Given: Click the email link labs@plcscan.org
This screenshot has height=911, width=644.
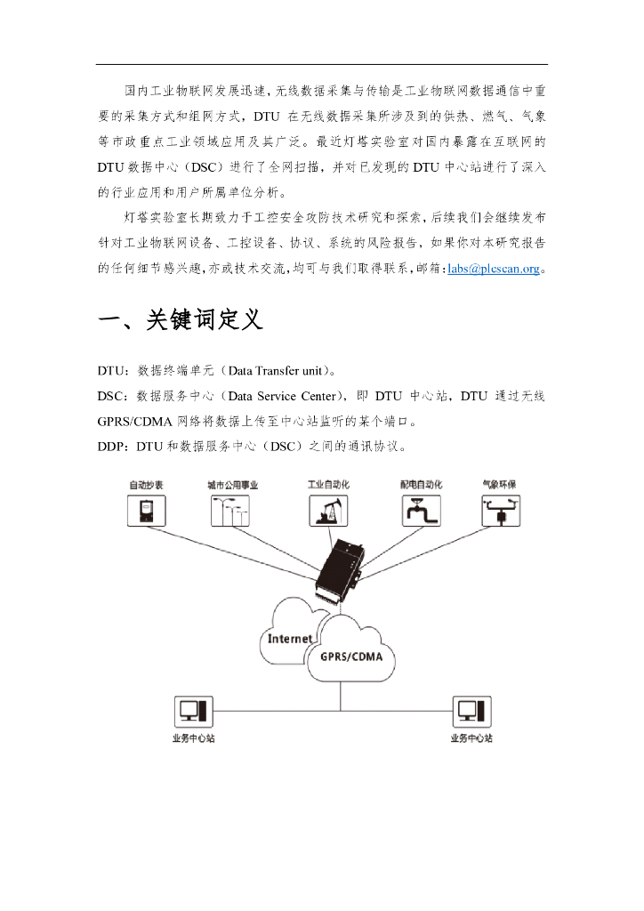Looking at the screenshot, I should (x=493, y=268).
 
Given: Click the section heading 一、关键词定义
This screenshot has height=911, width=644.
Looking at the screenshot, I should (x=181, y=319).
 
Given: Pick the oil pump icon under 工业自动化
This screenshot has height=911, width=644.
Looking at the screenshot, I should (x=327, y=511).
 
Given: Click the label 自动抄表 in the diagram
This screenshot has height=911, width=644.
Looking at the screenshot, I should (x=146, y=485).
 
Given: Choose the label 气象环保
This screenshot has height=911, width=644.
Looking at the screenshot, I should (x=499, y=485).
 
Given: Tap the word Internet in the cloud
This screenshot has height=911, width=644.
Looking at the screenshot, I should (x=290, y=638).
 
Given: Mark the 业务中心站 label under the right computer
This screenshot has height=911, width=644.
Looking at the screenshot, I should (x=471, y=738).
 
